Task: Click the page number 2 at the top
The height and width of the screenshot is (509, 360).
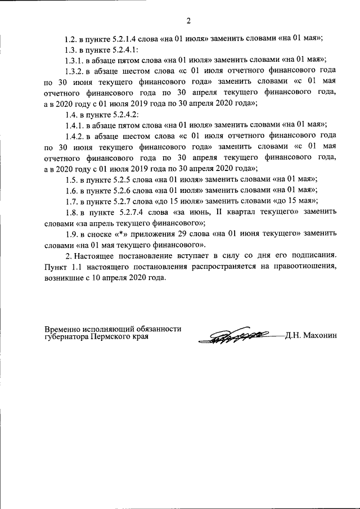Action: (188, 21)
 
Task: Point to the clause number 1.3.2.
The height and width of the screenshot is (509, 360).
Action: (74, 71)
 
